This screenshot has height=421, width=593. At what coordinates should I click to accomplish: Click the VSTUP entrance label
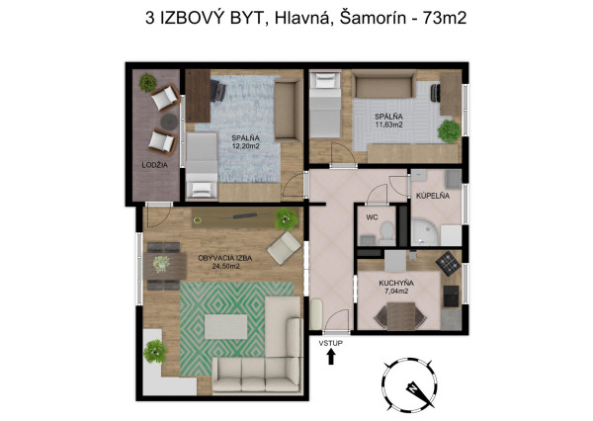pyautogui.click(x=330, y=344)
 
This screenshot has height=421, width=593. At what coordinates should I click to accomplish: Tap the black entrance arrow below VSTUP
pyautogui.click(x=331, y=357)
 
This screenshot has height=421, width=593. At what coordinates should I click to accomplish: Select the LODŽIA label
pyautogui.click(x=155, y=165)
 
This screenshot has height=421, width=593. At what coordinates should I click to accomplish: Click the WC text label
pyautogui.click(x=372, y=217)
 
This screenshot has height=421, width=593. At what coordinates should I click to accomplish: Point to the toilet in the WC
pyautogui.click(x=386, y=233)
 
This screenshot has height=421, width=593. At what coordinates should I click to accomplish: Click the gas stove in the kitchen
pyautogui.click(x=448, y=263)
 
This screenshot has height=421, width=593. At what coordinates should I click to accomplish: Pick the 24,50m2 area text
pyautogui.click(x=225, y=266)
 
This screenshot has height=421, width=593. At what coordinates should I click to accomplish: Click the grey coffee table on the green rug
pyautogui.click(x=225, y=327)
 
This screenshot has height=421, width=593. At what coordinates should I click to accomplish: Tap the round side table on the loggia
pyautogui.click(x=169, y=122)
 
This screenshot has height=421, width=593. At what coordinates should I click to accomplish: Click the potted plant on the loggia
pyautogui.click(x=148, y=83)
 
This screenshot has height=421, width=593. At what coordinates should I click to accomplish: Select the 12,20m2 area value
pyautogui.click(x=245, y=146)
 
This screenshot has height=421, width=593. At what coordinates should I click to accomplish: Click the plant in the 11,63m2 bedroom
pyautogui.click(x=449, y=131)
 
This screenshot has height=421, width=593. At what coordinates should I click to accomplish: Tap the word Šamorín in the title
pyautogui.click(x=373, y=18)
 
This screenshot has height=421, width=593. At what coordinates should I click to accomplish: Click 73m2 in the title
pyautogui.click(x=445, y=18)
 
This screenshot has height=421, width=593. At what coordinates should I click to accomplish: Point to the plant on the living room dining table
pyautogui.click(x=161, y=263)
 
